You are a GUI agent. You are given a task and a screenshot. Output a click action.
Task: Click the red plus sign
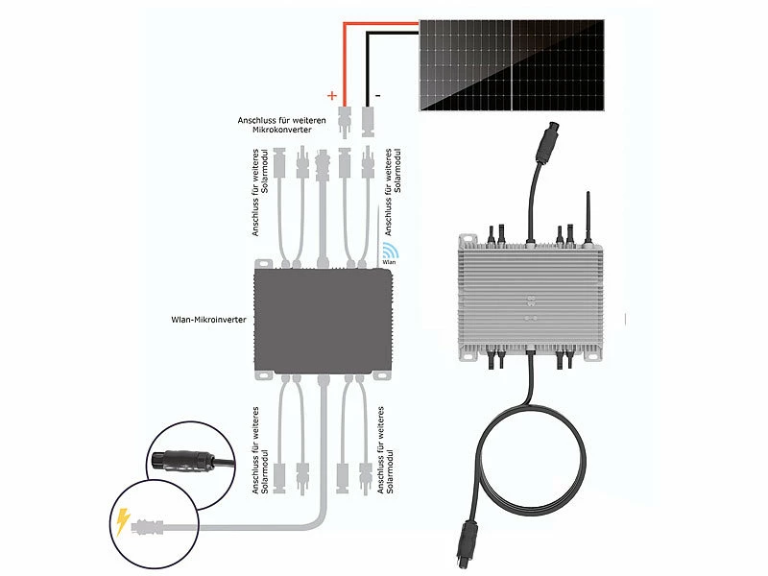click(x=332, y=96)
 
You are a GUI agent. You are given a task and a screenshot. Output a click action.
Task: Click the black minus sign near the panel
click(x=378, y=95)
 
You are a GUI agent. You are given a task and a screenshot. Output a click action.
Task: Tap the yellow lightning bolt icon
click(x=122, y=522)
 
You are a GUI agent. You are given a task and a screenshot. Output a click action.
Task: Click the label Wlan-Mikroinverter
click(x=205, y=318)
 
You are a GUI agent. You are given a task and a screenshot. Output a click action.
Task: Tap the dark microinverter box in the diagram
click(x=326, y=320)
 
